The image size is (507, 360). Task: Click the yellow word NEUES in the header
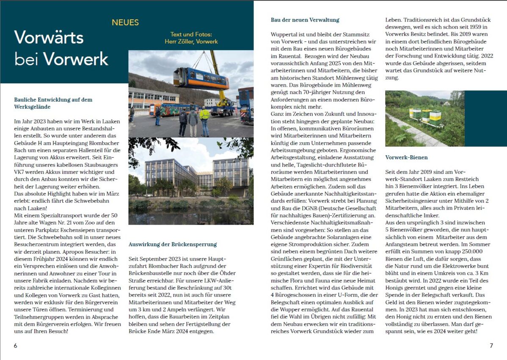[x=125, y=22]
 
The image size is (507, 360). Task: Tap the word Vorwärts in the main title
[x=49, y=37]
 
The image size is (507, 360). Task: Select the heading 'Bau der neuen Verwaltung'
[x=305, y=20]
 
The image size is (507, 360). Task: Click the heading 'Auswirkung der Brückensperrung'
[x=173, y=244]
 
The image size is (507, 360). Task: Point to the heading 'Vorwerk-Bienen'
[x=406, y=157]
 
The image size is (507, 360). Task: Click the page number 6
[x=16, y=346]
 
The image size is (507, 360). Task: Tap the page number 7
[x=491, y=346]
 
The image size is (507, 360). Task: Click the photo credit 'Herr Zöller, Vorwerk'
[x=191, y=41]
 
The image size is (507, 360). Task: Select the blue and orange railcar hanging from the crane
[x=201, y=78]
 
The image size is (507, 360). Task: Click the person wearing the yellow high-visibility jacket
[x=205, y=120]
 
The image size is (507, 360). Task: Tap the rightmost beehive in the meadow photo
[x=435, y=115]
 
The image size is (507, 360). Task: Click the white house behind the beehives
[x=446, y=103]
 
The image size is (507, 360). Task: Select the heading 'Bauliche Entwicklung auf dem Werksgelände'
[x=53, y=103]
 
